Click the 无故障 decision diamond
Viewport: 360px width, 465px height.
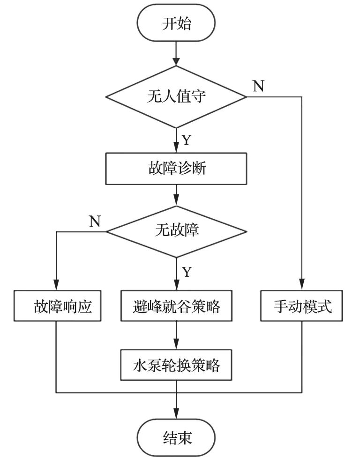176,231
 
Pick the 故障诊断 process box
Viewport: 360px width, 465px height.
176,169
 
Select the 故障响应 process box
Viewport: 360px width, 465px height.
57,307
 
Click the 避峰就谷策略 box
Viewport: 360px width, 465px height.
176,307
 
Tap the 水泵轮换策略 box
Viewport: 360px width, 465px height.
176,365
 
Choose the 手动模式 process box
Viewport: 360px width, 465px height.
302,307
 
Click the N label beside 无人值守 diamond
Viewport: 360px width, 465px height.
258,86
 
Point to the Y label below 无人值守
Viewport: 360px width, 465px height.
187,140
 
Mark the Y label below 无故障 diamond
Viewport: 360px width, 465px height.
187,272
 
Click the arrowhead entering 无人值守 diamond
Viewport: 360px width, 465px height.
176,61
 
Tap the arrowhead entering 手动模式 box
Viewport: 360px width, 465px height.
302,288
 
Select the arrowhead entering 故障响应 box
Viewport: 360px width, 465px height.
57,288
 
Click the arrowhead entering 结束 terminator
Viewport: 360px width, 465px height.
176,419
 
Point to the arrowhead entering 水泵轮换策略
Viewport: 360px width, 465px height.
176,345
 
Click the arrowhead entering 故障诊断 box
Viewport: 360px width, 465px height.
176,148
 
